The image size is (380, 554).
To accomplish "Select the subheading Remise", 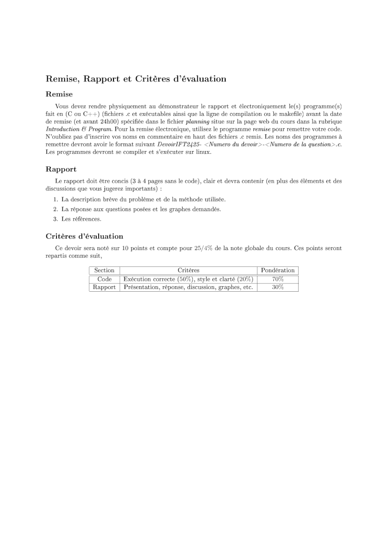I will click(59, 95).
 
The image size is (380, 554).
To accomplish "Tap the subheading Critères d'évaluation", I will click(85, 236).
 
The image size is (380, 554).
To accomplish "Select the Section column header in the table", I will click(104, 270).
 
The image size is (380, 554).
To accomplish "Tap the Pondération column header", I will click(278, 270).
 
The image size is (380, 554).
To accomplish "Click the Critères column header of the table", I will click(188, 270).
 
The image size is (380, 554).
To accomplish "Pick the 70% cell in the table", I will click(278, 279).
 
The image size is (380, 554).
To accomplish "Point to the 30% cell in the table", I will click(278, 287).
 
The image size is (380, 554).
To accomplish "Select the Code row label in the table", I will click(104, 279).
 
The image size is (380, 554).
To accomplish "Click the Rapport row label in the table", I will click(104, 287).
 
